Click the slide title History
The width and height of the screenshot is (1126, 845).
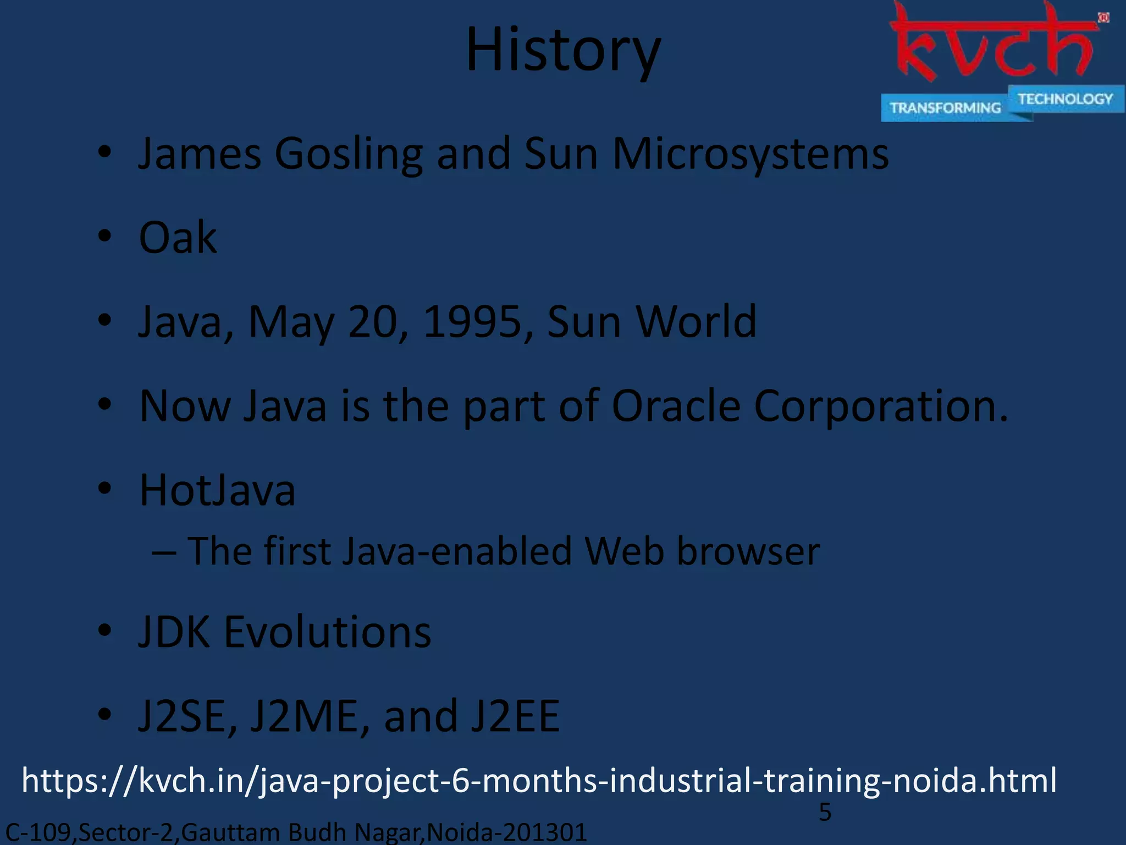tap(563, 51)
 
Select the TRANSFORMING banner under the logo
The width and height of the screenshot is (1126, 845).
tap(945, 108)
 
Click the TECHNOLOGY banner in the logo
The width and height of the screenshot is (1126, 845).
tap(1065, 99)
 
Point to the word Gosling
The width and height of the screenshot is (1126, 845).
tap(349, 154)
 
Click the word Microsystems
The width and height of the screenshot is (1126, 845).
tap(750, 154)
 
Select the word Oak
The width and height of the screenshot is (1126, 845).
tap(178, 238)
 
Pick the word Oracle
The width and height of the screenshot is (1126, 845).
tap(676, 406)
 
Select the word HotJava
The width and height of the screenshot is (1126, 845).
tap(217, 490)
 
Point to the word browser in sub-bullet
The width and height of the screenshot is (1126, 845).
tap(748, 551)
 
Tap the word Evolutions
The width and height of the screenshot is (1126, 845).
tap(327, 633)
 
